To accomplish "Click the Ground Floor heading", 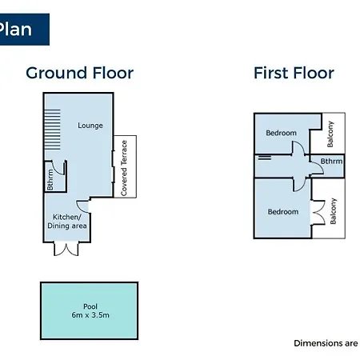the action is tap(79, 73).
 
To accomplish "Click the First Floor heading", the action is tap(294, 73).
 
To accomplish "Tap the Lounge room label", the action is tap(90, 126).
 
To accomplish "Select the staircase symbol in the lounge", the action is tap(52, 130).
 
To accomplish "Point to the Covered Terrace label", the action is tap(124, 168).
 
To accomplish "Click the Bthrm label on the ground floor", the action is tap(50, 180).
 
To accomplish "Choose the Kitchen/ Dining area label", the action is tap(67, 222).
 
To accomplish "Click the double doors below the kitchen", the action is tap(66, 250).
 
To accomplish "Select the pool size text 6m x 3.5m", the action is tap(90, 315).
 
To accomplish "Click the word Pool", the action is tap(90, 306).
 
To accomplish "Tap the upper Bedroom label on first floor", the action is tap(281, 133).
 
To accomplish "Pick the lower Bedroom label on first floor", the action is tap(283, 212).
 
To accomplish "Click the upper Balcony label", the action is tap(330, 134).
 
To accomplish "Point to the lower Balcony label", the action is tap(333, 211).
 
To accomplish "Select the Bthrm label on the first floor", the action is tap(331, 161).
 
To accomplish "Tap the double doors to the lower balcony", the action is tap(319, 213).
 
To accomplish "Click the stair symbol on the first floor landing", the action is tap(265, 158).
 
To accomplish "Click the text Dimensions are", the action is tap(326, 343).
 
